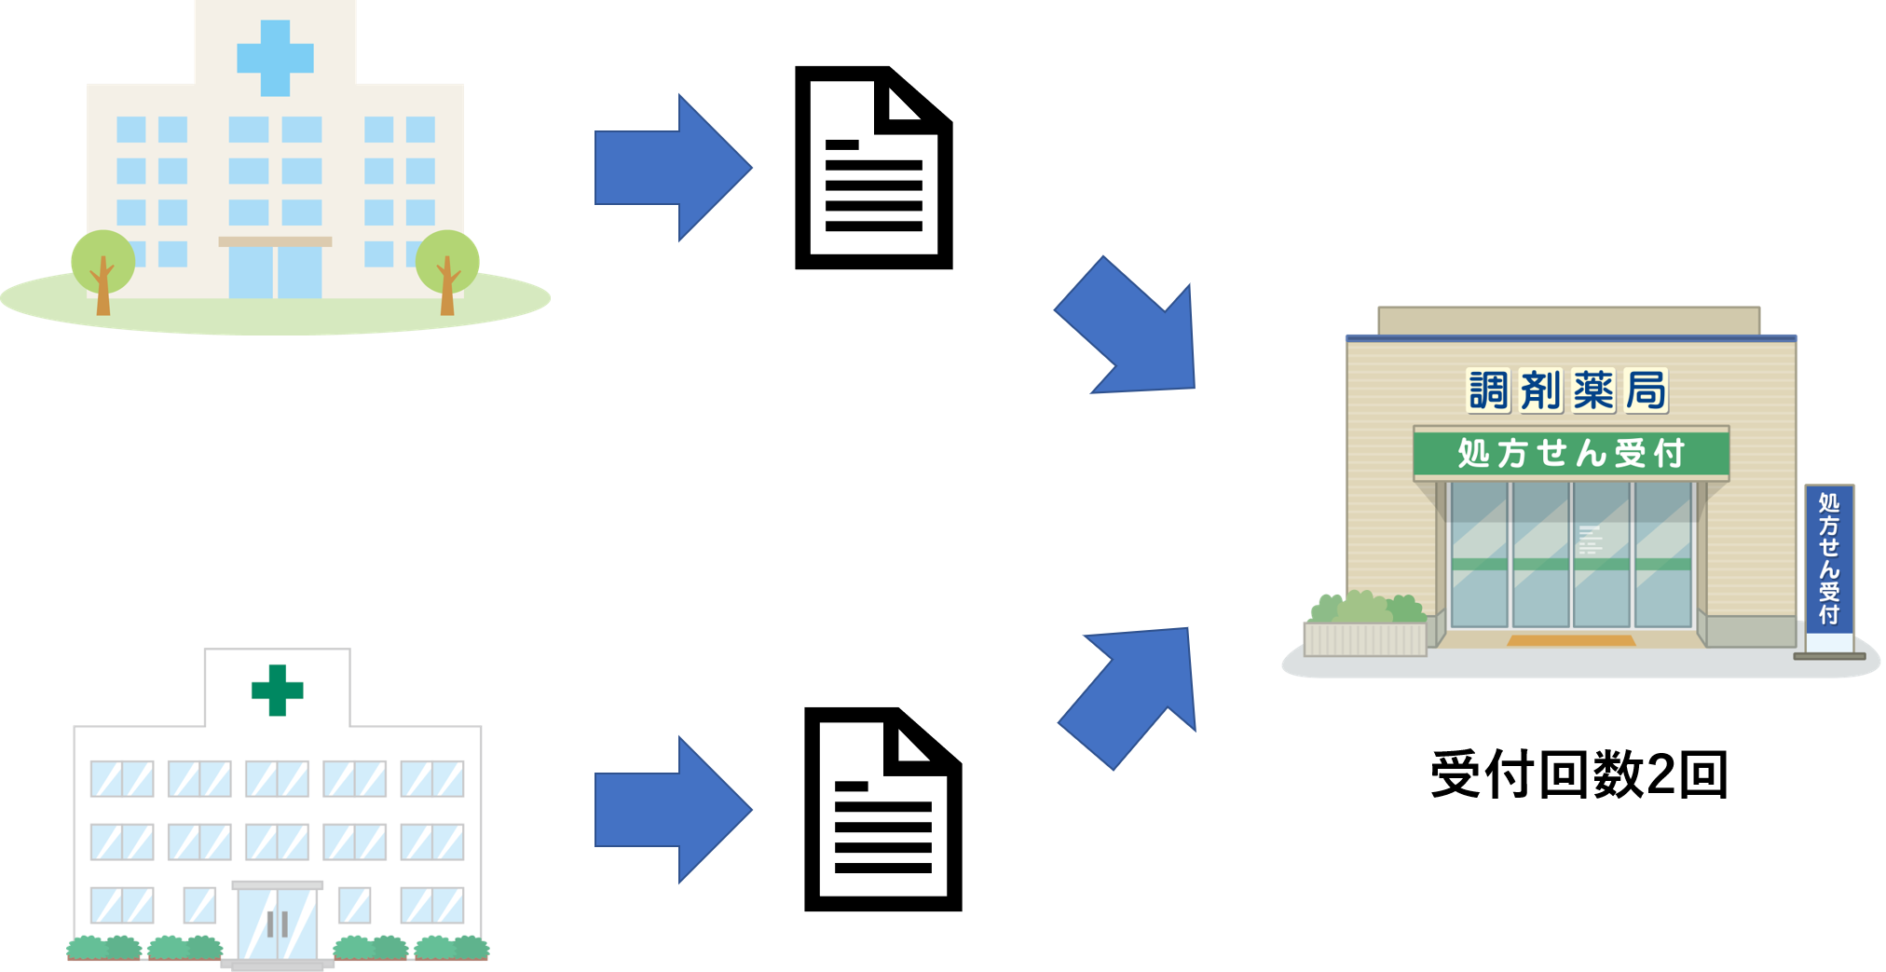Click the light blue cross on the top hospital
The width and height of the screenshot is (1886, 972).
(x=275, y=58)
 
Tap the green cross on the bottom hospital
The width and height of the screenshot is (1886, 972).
(x=277, y=690)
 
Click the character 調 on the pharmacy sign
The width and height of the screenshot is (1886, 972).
(x=1488, y=390)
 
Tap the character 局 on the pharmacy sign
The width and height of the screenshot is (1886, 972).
(x=1646, y=390)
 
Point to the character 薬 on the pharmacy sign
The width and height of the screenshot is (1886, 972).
(x=1593, y=390)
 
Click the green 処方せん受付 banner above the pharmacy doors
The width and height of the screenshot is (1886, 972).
(x=1571, y=453)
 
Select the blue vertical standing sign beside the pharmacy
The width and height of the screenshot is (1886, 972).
(x=1829, y=559)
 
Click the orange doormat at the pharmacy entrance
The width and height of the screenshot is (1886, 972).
(x=1571, y=641)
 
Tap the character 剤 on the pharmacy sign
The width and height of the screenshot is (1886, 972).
(x=1541, y=390)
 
